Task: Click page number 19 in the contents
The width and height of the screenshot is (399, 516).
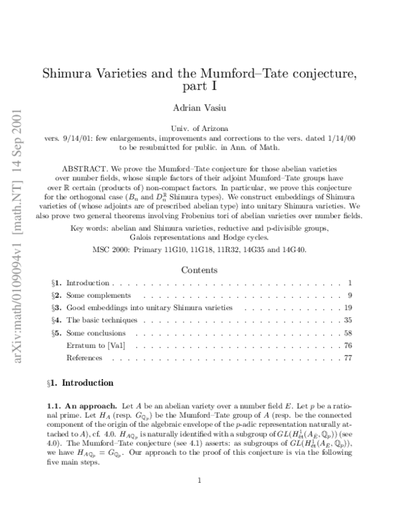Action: (347, 307)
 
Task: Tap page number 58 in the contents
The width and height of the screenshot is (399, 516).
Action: (347, 332)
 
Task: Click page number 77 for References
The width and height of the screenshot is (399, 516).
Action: (347, 358)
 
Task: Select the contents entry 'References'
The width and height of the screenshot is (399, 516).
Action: (84, 358)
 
